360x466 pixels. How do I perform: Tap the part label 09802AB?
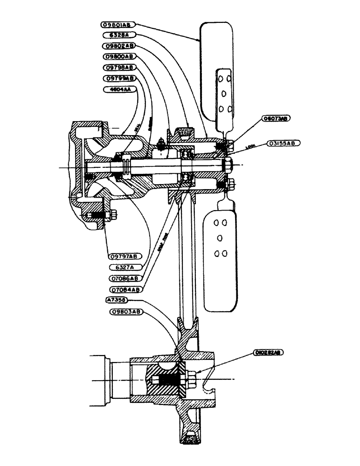118,46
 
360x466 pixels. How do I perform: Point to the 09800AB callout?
118,56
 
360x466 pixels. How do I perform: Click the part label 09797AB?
124,256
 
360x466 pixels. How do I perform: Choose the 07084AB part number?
125,289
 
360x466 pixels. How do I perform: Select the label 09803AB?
126,312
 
